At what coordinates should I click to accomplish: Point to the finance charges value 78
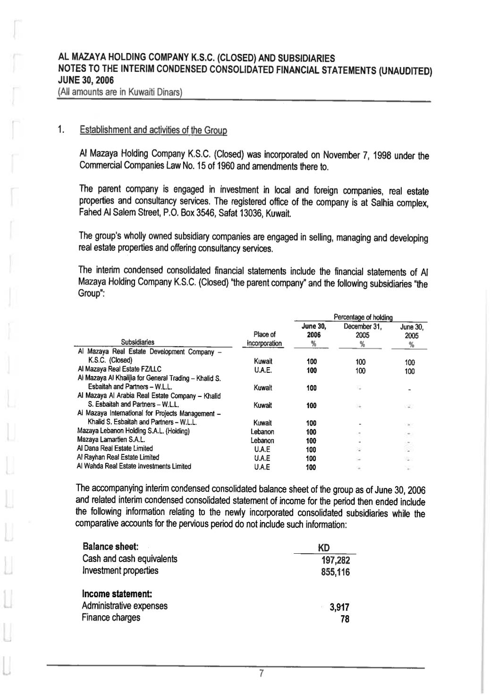tap(345, 618)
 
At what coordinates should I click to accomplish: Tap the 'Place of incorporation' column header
tap(264, 339)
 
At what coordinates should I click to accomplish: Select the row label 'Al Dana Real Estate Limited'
tap(115, 448)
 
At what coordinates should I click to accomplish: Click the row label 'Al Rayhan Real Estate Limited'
tap(118, 457)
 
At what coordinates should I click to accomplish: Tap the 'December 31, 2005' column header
tap(362, 331)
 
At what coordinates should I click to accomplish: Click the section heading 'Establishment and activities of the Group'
tap(154, 129)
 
